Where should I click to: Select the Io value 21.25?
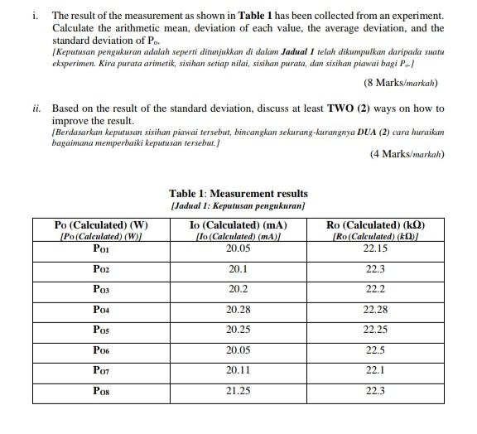coord(238,390)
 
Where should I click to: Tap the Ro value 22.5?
coord(375,350)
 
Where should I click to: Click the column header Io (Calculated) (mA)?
coord(238,224)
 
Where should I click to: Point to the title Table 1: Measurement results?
coord(238,193)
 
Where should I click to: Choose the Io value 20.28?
coord(238,310)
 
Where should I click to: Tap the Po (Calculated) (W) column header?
coord(101,224)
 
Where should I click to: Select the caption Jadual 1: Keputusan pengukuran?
coord(238,205)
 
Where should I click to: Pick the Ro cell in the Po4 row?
coord(375,310)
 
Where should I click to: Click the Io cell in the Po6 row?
coord(238,350)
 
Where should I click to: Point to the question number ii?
coord(38,108)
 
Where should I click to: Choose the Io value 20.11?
coord(238,370)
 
